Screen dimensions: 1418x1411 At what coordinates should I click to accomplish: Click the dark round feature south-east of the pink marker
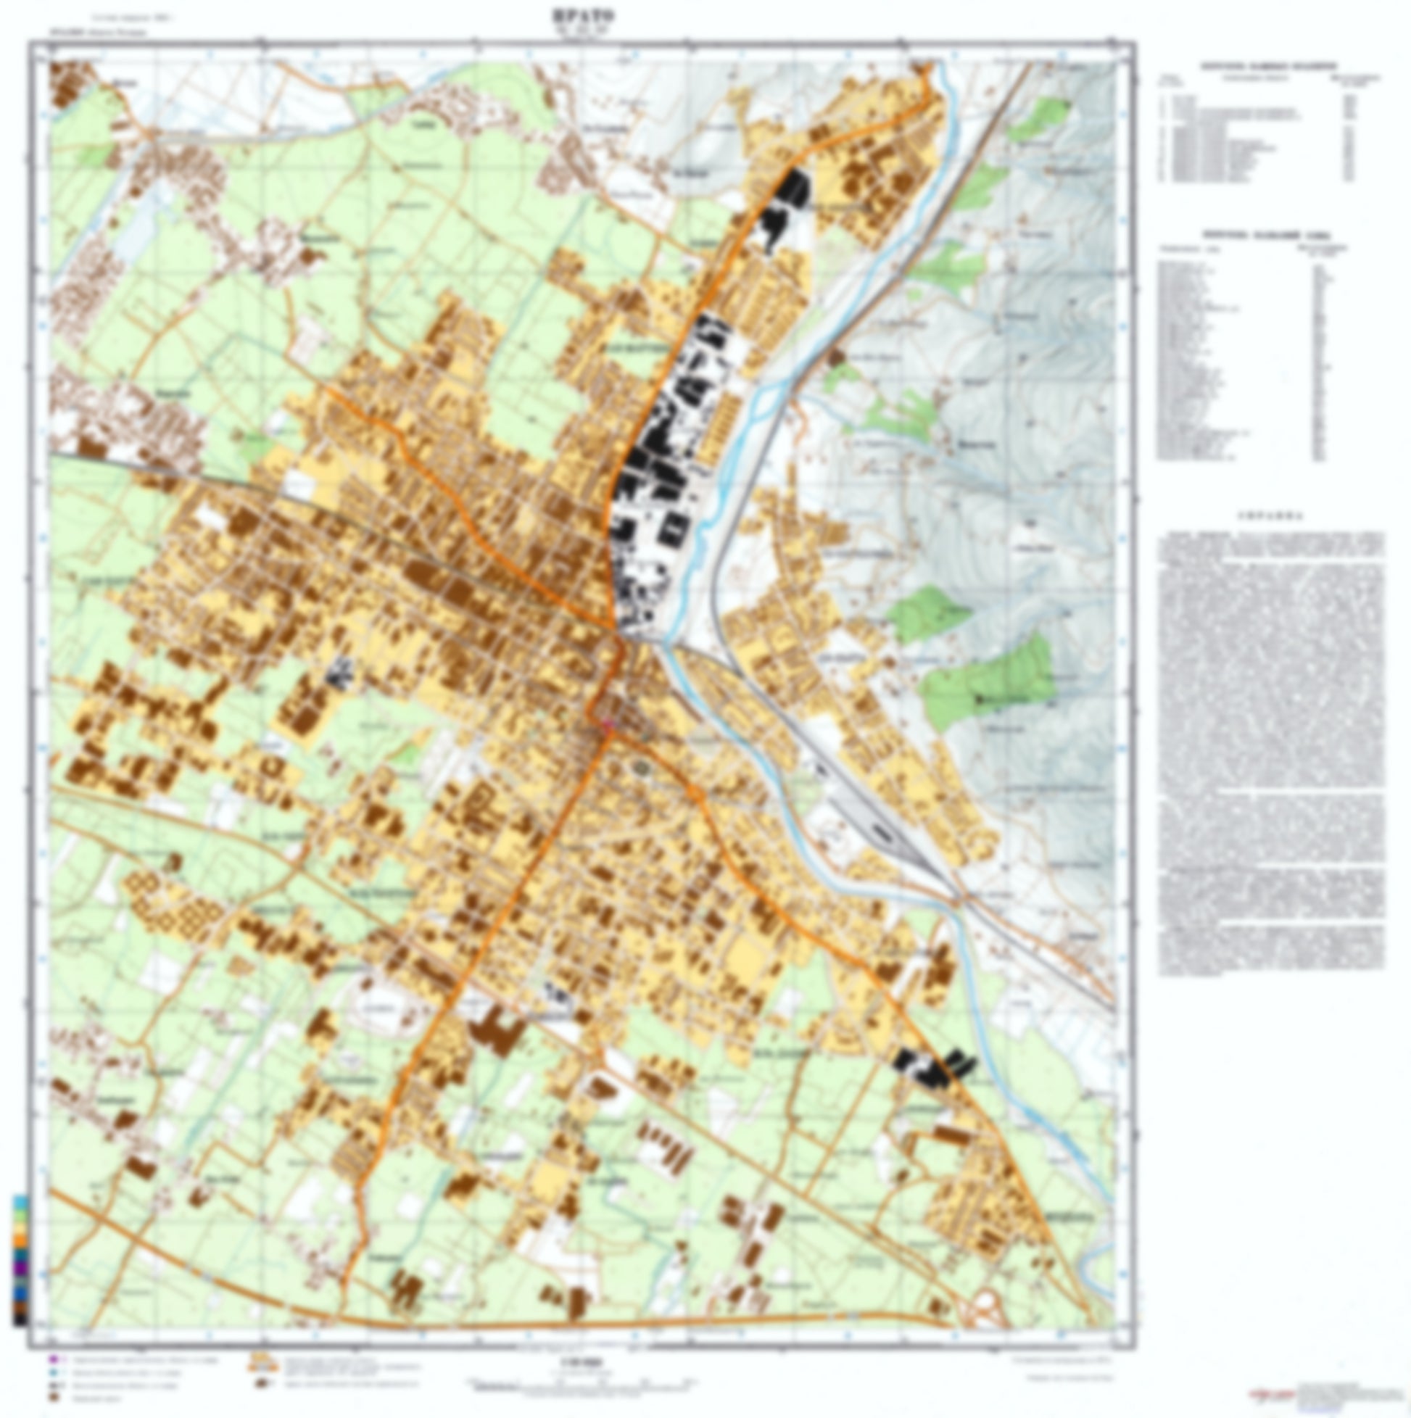644,768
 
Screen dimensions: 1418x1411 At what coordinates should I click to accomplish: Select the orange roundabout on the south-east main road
692,793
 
